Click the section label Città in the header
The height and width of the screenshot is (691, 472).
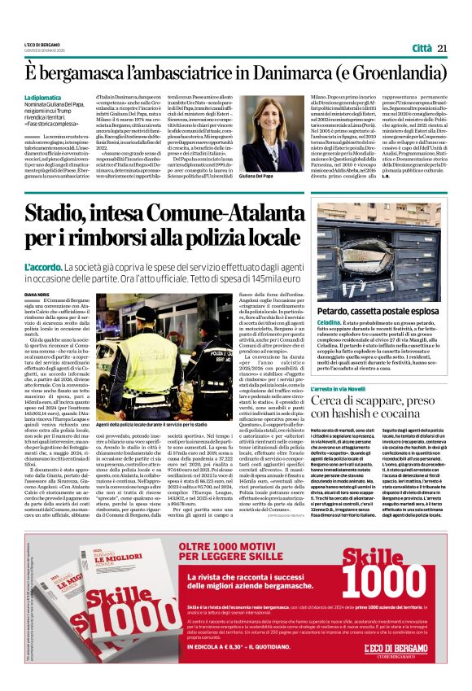coord(417,48)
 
